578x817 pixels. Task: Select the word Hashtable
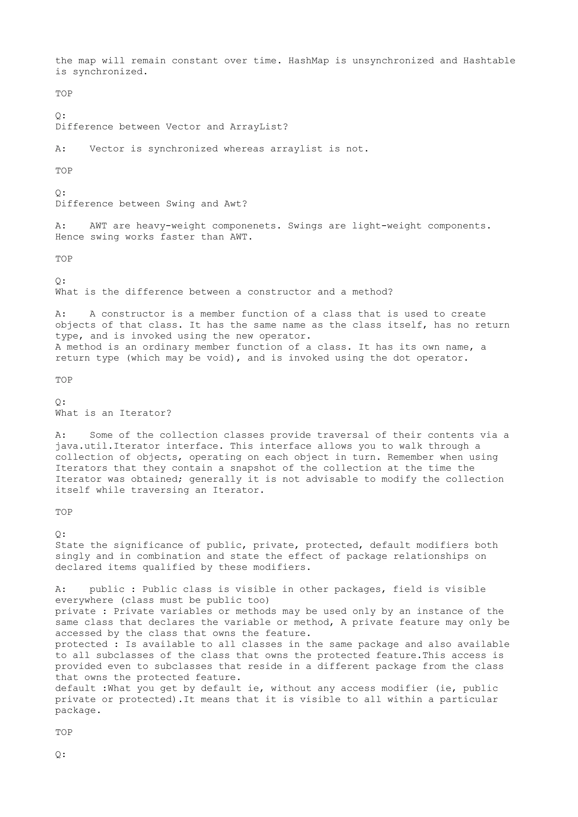489,61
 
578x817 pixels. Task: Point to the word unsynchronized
393,61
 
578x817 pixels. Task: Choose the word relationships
431,557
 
